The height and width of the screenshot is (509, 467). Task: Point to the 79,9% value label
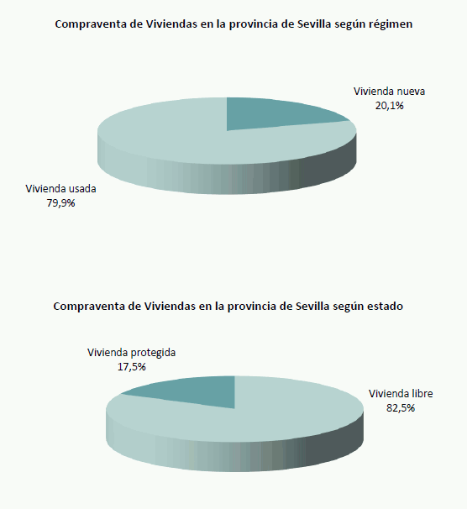coord(61,202)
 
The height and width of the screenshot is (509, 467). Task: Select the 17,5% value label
coord(132,366)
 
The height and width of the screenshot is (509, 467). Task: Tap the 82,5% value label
coord(400,407)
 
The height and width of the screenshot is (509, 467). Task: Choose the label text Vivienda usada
coord(61,189)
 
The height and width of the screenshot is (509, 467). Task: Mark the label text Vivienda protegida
coord(132,353)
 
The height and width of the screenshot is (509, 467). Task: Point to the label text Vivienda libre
coord(400,394)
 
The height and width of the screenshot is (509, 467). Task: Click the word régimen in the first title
coord(391,24)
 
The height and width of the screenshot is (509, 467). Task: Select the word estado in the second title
coord(383,307)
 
